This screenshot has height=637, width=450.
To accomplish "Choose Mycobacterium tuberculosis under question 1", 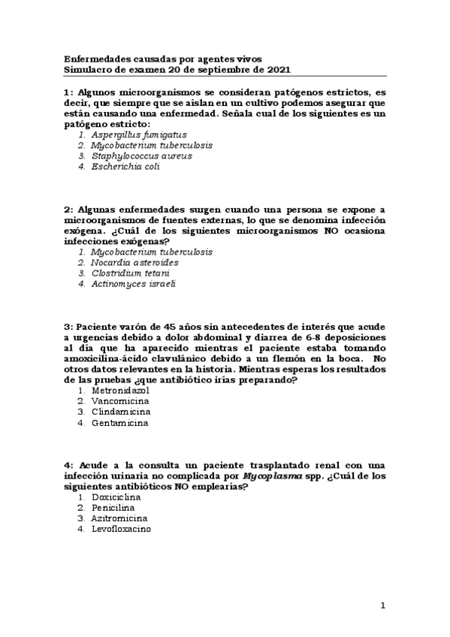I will pos(151,145).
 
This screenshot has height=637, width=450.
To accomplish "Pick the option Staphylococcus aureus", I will pos(142,155).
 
